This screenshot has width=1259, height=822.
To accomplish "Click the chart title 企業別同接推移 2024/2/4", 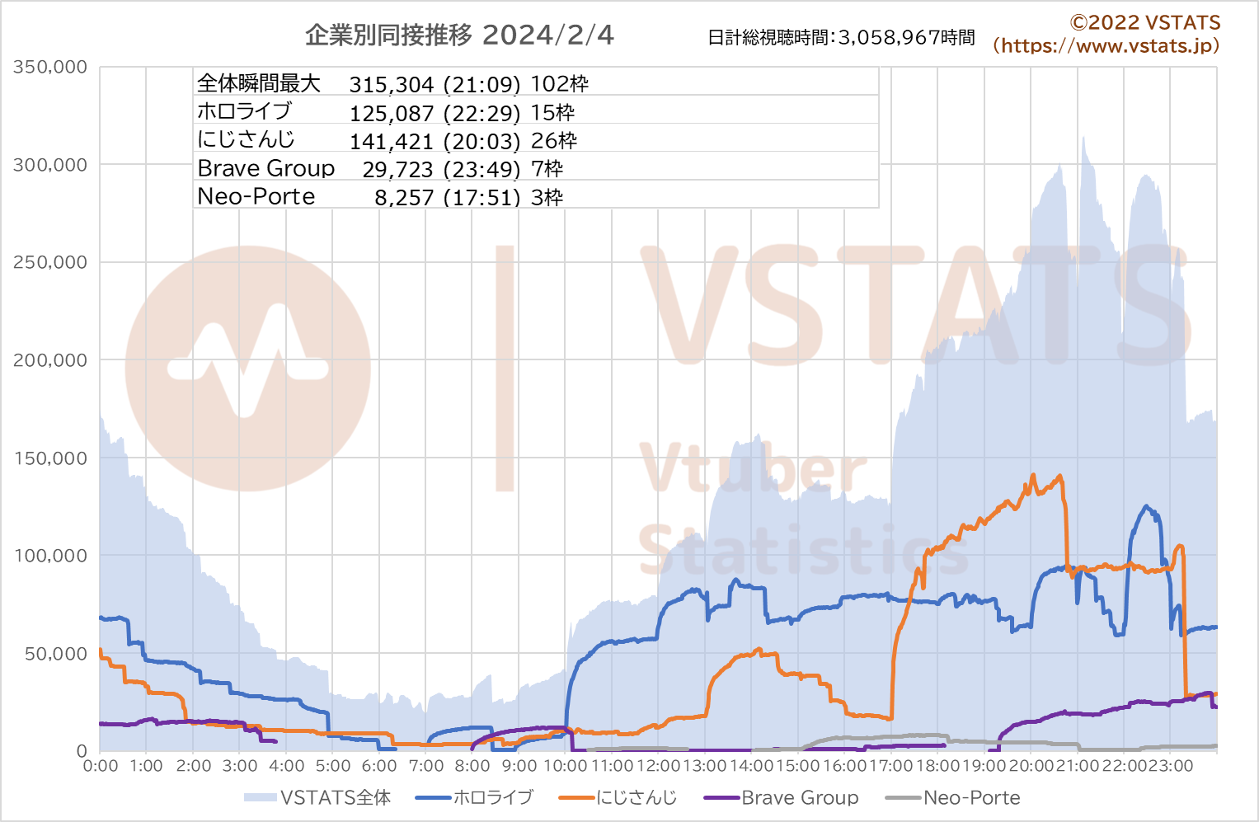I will coord(459,35).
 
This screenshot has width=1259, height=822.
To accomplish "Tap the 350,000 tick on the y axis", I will coord(50,68).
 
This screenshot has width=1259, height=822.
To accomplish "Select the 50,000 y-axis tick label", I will coord(55,654).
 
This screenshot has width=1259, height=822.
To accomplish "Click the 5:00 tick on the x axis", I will coord(333,766).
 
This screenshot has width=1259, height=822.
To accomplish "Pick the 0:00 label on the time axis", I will coord(101,766).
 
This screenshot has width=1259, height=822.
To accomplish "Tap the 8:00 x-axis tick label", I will coord(472,766).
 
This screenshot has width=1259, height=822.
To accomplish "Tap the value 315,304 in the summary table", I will coord(392,85).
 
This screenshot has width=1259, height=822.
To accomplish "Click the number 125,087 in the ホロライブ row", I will coord(392,114).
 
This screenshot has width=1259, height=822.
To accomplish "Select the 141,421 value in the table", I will coord(392,142).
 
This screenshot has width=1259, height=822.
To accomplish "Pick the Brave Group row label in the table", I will coord(266,169).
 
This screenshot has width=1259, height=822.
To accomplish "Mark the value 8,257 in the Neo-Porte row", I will coord(404,198).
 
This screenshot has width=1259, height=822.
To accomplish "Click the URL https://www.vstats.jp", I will coord(1106,46).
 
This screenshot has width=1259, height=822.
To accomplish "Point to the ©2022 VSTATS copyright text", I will coord(1144,23).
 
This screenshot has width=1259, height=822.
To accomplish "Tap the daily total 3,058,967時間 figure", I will coord(907,38).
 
